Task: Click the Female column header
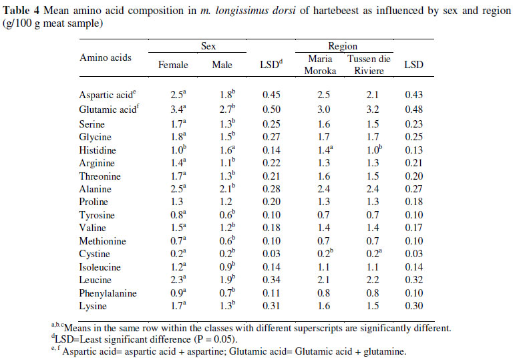tap(173, 65)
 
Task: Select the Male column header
tap(222, 65)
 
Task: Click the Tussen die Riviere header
tap(369, 65)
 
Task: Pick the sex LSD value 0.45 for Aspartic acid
tap(271, 95)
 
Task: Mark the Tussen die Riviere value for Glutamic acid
tap(369, 109)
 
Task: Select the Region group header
tap(343, 46)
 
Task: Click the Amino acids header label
tap(106, 57)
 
